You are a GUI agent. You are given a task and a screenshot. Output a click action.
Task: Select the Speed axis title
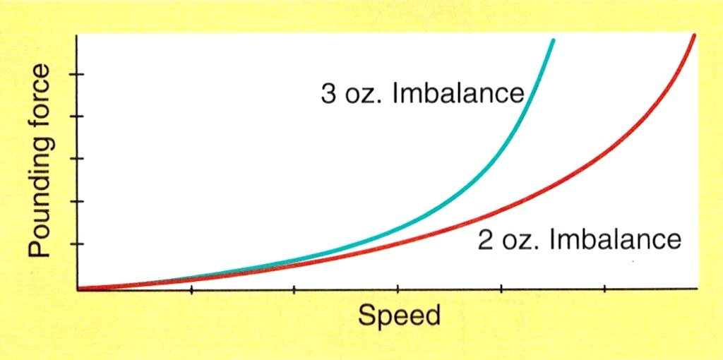399,315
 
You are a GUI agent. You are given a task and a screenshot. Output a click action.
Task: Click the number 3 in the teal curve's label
329,94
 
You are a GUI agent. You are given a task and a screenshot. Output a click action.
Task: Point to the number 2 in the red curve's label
485,240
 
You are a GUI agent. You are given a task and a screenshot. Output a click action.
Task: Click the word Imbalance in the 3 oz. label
458,94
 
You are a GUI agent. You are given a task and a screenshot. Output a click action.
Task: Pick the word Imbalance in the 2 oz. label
615,240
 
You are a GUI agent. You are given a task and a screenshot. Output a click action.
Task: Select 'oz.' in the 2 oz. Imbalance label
519,240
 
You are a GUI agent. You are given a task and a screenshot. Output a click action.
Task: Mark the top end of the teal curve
553,41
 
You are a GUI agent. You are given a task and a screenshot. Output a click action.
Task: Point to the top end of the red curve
694,36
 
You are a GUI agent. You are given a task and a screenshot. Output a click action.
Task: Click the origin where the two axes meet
77,289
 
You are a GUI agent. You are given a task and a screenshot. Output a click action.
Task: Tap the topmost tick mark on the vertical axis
80,74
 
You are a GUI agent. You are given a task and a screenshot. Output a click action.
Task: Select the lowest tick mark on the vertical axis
80,244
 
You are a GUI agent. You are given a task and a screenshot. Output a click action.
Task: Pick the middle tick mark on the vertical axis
80,159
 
